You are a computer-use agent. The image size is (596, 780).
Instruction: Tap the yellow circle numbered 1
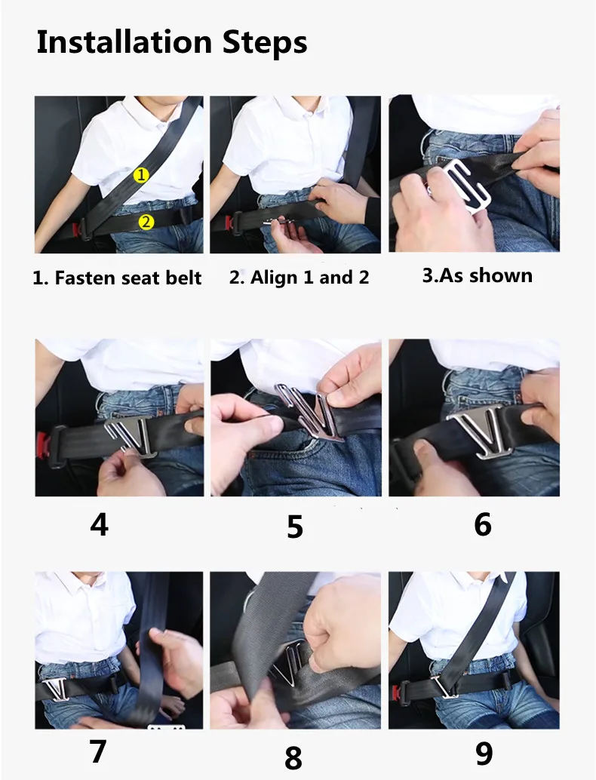[141, 175]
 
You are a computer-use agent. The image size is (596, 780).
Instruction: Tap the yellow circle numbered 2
[146, 221]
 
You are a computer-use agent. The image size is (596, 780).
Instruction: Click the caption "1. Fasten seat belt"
[118, 278]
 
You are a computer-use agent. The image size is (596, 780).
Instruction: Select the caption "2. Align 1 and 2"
[299, 278]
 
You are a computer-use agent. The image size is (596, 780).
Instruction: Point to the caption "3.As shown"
[477, 275]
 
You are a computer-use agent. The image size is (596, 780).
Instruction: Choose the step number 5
[295, 527]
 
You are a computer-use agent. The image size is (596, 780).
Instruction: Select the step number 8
[294, 757]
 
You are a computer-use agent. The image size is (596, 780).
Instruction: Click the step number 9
[484, 752]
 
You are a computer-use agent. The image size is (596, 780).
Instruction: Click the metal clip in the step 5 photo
[308, 412]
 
